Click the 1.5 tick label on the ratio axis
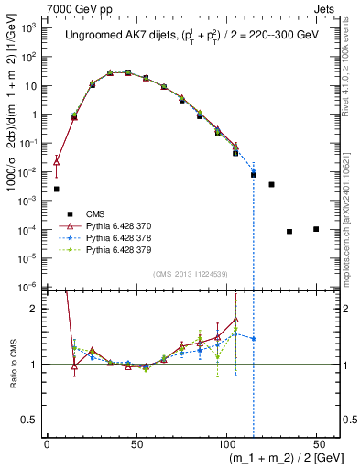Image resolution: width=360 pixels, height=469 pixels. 34,336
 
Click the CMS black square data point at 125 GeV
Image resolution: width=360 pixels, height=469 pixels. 271,184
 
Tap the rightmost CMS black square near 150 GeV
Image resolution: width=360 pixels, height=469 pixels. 315,229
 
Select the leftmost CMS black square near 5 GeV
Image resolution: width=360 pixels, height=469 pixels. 56,189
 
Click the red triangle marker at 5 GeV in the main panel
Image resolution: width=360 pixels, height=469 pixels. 56,161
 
